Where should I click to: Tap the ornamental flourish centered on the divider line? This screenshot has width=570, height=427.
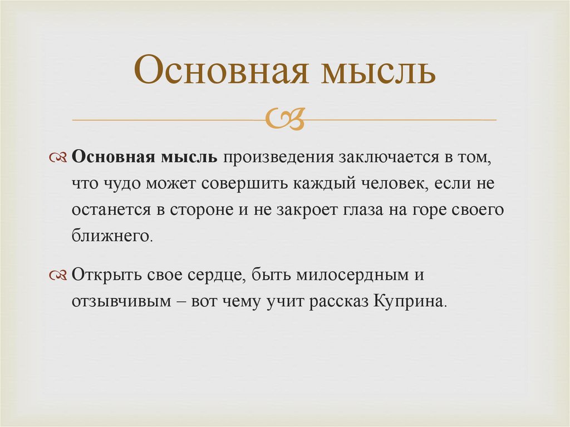click(x=284, y=119)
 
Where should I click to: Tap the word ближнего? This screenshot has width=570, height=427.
click(x=110, y=236)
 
